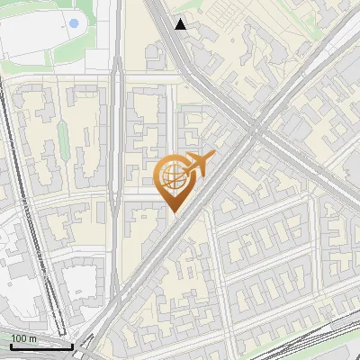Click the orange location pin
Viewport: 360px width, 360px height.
[x=173, y=180]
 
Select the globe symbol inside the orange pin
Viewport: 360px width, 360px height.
[x=172, y=177]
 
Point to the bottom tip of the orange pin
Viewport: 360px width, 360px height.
[x=173, y=212]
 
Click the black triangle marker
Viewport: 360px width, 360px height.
[x=181, y=24]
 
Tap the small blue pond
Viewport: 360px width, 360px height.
[x=74, y=22]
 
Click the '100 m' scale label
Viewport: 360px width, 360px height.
[x=24, y=338]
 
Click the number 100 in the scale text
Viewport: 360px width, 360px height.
[x=19, y=338]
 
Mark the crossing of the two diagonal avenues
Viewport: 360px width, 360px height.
[x=256, y=130]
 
